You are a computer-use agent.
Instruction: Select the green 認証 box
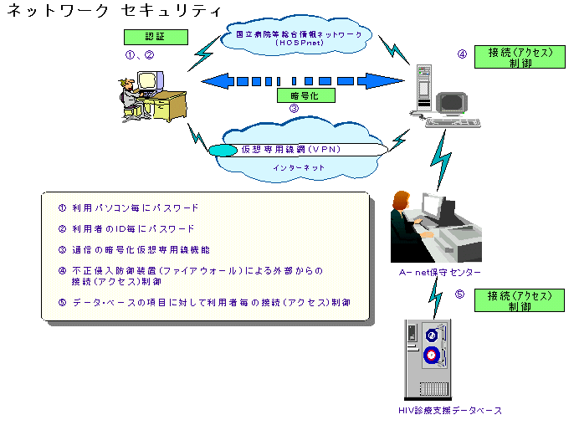(155, 38)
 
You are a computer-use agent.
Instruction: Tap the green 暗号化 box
(306, 95)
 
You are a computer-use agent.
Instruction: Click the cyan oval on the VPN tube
(223, 151)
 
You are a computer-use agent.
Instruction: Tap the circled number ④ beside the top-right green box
(461, 55)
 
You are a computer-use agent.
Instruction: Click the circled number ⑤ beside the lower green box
(459, 294)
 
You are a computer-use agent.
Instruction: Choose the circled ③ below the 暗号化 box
(294, 108)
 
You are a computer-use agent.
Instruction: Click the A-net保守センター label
(440, 273)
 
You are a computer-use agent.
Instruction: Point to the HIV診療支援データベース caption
(450, 411)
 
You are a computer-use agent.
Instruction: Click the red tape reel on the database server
(431, 355)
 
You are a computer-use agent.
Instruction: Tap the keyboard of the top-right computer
(453, 122)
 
